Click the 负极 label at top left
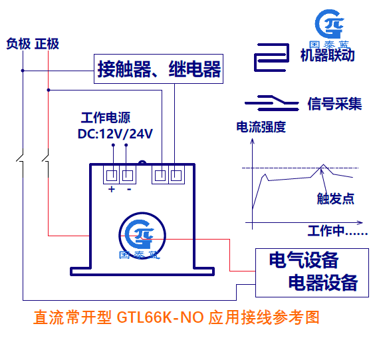click(x=19, y=44)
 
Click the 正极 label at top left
click(x=47, y=44)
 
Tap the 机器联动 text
click(x=327, y=55)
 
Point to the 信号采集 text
click(x=335, y=104)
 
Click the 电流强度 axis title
click(x=261, y=127)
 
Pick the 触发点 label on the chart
click(x=336, y=199)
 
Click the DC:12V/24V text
click(x=115, y=134)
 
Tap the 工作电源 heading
click(x=106, y=118)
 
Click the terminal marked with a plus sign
click(x=112, y=176)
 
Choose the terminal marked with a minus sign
click(x=128, y=176)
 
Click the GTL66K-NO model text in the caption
click(x=160, y=317)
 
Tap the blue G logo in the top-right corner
click(x=330, y=24)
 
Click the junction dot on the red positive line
click(x=49, y=90)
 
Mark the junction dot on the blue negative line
click(x=23, y=71)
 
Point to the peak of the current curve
click(x=324, y=164)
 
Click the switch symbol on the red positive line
click(x=46, y=157)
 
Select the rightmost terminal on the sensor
click(x=176, y=176)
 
